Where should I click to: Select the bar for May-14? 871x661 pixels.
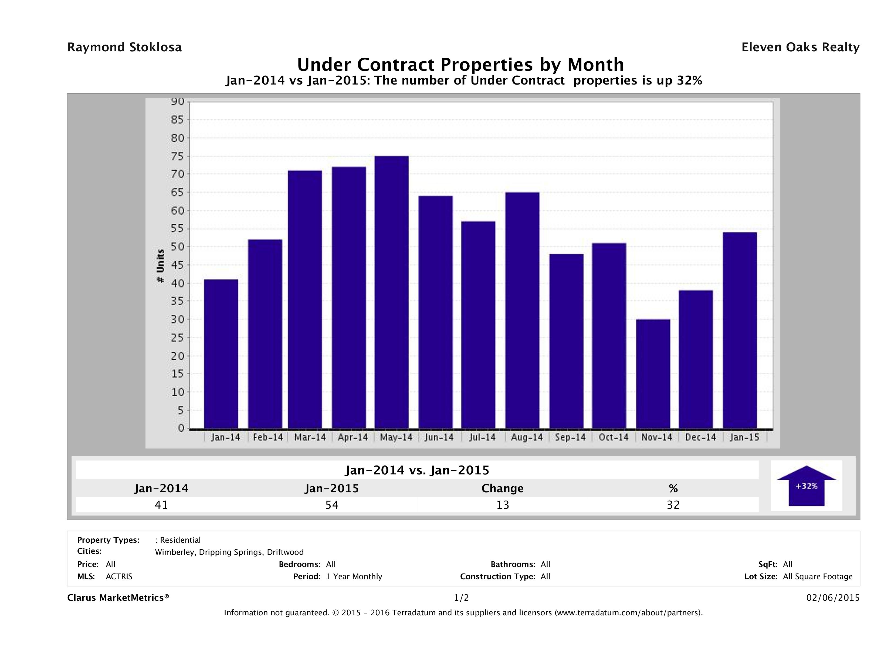pyautogui.click(x=391, y=292)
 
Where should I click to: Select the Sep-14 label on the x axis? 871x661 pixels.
pyautogui.click(x=570, y=437)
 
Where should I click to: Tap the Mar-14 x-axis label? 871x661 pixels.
pyautogui.click(x=310, y=437)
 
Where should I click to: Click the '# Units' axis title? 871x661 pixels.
pyautogui.click(x=160, y=266)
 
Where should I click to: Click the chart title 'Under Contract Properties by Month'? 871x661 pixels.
pyautogui.click(x=460, y=65)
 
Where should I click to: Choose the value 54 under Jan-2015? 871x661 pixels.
pyautogui.click(x=332, y=505)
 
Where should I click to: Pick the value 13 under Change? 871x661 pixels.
pyautogui.click(x=503, y=505)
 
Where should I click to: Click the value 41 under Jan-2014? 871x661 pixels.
pyautogui.click(x=161, y=505)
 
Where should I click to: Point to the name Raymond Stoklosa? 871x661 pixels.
pyautogui.click(x=124, y=47)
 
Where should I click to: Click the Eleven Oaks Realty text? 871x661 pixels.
pyautogui.click(x=800, y=47)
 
